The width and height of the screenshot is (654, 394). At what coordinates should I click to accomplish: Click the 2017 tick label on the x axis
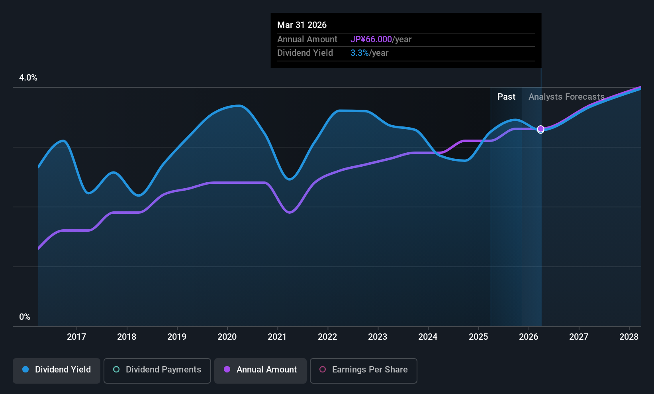click(76, 337)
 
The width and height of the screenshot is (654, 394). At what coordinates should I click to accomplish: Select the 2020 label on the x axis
click(227, 337)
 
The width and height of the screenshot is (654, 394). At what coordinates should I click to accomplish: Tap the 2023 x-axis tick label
click(378, 337)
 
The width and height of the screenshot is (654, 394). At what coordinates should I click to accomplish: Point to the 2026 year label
click(529, 337)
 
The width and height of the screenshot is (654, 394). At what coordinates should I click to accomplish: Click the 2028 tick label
click(629, 337)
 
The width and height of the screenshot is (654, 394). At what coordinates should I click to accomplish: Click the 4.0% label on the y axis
click(28, 78)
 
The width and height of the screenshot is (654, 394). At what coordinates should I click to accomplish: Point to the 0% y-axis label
click(25, 317)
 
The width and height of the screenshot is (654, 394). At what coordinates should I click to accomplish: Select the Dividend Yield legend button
click(57, 370)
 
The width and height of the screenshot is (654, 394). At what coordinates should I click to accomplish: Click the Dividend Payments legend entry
click(157, 370)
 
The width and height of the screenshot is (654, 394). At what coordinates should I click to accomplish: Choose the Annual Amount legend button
click(260, 370)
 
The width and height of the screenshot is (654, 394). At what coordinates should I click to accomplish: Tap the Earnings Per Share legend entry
click(363, 370)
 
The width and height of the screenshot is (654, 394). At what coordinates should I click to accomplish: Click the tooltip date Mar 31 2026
click(302, 25)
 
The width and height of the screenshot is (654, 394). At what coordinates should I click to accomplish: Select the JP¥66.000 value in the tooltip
click(371, 39)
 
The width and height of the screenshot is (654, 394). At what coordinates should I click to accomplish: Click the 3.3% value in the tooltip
click(359, 53)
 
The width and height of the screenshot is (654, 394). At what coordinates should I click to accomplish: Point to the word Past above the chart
click(506, 97)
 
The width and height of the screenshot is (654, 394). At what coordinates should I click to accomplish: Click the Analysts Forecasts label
click(566, 97)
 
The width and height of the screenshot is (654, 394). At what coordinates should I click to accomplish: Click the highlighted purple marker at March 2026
click(540, 129)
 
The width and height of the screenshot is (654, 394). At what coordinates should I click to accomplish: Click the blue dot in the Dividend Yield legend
click(25, 370)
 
